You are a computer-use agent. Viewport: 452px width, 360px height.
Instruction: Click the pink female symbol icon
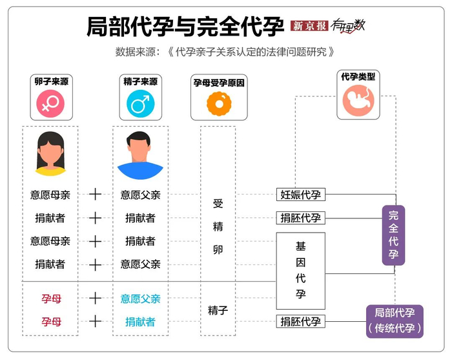[50, 103]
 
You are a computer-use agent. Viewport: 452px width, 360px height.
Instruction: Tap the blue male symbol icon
[139, 103]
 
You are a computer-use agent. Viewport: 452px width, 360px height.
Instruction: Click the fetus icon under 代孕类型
[358, 101]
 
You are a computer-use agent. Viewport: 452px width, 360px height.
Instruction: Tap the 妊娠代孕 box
[300, 195]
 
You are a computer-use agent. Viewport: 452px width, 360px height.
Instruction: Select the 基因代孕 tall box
[300, 271]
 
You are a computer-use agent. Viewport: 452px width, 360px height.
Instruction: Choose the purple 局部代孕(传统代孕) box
[395, 321]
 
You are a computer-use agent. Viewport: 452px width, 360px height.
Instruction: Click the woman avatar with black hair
[50, 154]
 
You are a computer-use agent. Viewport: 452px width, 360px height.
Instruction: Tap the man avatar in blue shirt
[139, 155]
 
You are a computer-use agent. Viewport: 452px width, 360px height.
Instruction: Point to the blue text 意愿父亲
[140, 299]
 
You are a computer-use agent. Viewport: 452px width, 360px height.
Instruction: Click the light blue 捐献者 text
[140, 321]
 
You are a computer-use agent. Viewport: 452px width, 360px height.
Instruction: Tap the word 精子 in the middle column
[218, 311]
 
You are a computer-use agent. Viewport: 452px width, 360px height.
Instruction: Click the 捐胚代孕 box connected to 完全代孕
[300, 218]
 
